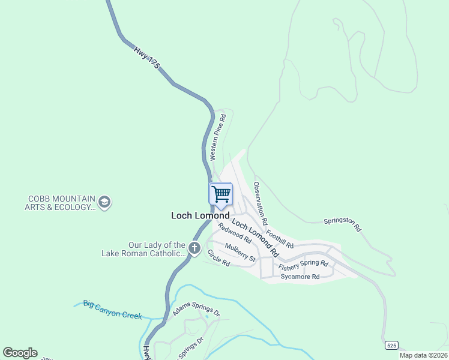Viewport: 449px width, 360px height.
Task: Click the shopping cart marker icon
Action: coord(221,194)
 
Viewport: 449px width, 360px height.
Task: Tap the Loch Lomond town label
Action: coord(200,215)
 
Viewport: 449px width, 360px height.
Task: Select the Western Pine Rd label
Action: coord(217,139)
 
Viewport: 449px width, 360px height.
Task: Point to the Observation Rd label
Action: coord(259,199)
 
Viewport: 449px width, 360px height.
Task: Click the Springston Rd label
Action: coord(342,224)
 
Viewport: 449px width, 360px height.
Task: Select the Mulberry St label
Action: coord(240,252)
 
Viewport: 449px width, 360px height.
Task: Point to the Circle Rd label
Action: coord(218,259)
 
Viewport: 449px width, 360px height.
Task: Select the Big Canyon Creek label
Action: coord(113,309)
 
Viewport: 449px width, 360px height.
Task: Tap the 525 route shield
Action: coord(391,346)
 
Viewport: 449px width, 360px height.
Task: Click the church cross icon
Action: coord(194,248)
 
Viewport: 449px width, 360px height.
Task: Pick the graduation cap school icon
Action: coord(104,201)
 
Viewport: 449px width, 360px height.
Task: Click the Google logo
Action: coord(20,353)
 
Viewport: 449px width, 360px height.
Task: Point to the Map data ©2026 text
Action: coord(423,355)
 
